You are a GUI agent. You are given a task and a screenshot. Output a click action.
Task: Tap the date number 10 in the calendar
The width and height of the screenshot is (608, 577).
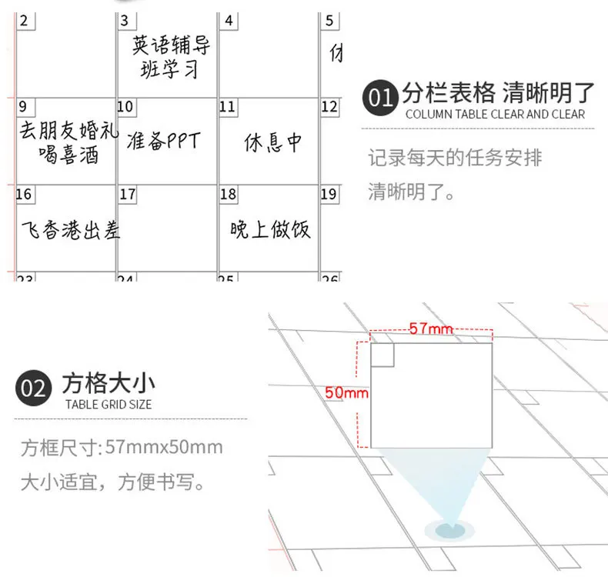(125, 107)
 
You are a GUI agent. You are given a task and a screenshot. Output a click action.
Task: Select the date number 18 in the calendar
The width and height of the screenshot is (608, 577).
(228, 194)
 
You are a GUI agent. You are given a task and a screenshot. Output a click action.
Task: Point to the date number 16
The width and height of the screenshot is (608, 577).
(24, 194)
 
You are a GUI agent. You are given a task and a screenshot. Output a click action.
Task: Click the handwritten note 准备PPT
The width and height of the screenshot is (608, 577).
(164, 142)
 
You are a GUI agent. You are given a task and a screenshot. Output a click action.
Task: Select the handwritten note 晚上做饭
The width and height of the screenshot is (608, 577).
(270, 228)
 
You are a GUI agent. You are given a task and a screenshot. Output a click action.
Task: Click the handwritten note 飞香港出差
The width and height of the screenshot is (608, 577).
(70, 228)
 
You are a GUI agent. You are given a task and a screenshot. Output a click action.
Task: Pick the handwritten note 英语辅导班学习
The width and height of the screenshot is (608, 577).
(170, 56)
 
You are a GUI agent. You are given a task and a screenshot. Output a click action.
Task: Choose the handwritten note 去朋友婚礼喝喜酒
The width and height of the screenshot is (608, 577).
(68, 142)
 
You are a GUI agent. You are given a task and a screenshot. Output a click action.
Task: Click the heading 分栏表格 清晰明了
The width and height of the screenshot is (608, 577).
(498, 93)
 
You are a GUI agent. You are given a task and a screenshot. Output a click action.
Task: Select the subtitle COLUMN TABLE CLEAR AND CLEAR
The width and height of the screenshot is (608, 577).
(495, 115)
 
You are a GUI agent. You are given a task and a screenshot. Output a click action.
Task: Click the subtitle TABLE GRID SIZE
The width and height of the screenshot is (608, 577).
(108, 405)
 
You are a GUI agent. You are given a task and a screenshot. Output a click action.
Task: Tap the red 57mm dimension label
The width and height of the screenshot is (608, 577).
(431, 329)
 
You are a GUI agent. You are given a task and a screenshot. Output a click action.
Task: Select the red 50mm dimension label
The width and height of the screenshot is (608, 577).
(346, 392)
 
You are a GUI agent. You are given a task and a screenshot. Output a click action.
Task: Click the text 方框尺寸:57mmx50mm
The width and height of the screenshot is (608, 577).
(122, 447)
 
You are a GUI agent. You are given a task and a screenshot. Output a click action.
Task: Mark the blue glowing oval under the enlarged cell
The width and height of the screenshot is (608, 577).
(450, 529)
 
